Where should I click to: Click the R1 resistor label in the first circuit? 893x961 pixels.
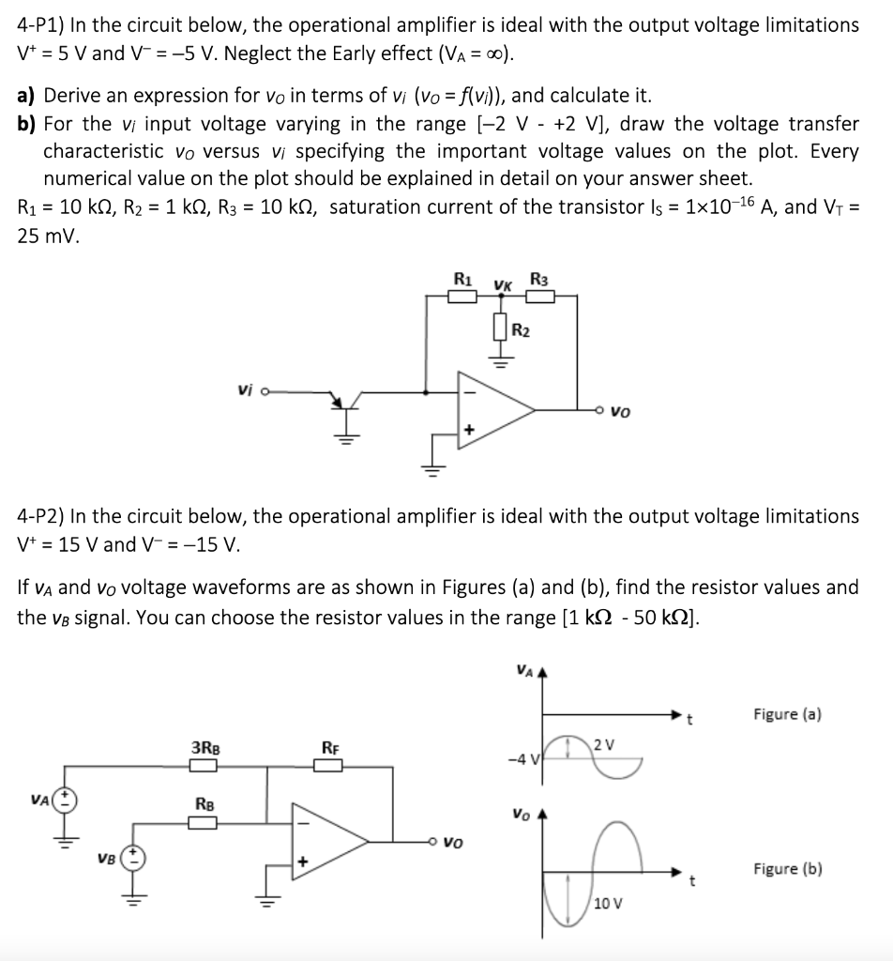tap(462, 278)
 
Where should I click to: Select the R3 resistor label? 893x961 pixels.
tap(538, 278)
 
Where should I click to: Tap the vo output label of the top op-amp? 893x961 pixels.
tap(620, 410)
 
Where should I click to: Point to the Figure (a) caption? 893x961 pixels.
tap(788, 714)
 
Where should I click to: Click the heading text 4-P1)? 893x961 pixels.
tap(37, 26)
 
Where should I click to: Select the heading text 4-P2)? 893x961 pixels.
tap(37, 516)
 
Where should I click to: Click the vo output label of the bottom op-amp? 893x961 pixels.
tap(454, 842)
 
